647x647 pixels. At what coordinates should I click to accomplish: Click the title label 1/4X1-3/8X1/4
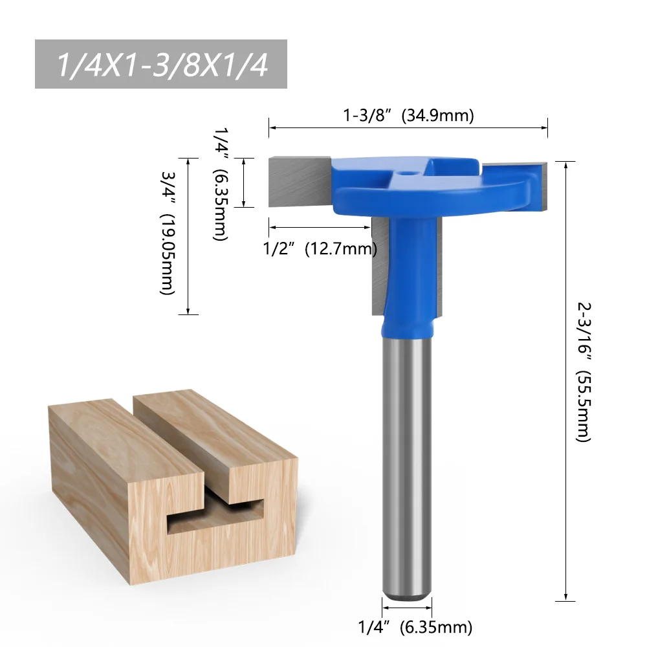point(161,65)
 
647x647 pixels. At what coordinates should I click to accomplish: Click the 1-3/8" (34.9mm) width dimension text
point(408,116)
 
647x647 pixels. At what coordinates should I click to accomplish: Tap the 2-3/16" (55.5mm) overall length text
point(582,371)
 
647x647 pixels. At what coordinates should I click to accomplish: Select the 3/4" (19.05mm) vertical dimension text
point(168,237)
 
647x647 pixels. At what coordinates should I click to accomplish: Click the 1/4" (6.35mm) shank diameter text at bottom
point(415,626)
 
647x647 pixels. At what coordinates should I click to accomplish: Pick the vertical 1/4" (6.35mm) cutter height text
point(221,183)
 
